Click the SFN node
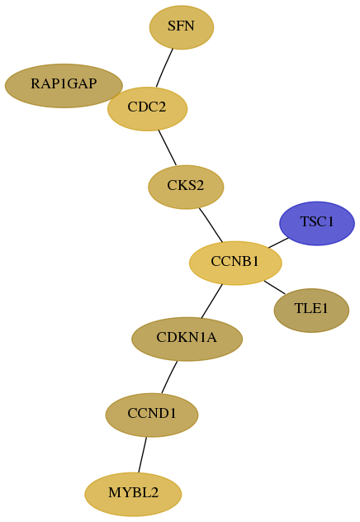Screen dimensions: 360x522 coord(182,27)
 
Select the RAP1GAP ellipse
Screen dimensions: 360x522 coord(64,86)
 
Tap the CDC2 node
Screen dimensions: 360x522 coord(148,109)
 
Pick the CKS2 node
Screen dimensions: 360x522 coord(186,187)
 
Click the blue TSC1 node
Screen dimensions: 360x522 coord(317,223)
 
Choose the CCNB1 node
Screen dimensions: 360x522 coord(235,263)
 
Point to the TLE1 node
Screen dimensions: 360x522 coord(311,311)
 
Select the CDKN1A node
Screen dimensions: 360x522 coord(187,339)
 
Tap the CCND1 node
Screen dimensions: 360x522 coord(152,415)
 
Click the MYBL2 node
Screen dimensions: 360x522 coord(133,494)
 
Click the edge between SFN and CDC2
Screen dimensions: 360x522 coord(164,69)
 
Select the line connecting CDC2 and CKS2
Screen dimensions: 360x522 coord(168,148)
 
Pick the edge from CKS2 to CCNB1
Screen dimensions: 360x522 coord(211,225)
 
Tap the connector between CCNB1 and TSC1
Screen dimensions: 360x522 coord(278,243)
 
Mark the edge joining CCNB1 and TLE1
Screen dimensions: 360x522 coord(274,287)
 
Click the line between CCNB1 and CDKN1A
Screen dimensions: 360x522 coord(211,301)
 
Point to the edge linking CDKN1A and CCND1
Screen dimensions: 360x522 coord(169,377)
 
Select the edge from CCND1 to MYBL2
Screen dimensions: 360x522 coord(142,455)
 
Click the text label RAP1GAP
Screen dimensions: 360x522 coord(64,83)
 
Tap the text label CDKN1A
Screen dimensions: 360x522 coord(187,338)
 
